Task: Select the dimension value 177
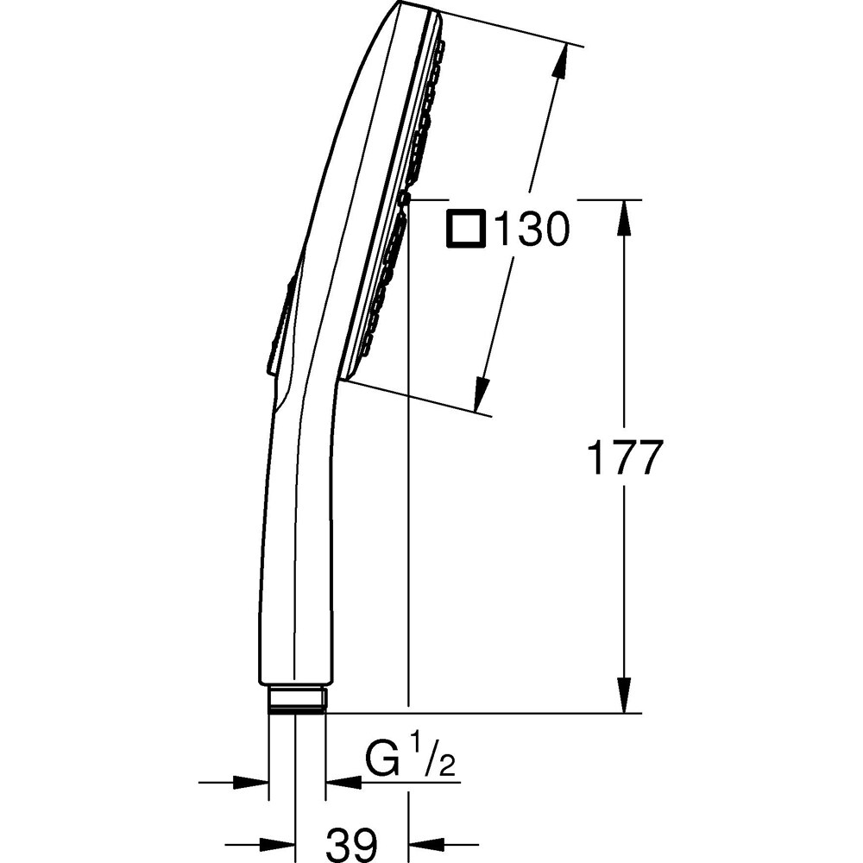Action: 624,458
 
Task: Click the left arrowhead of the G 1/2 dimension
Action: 254,783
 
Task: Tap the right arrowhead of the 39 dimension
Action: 424,843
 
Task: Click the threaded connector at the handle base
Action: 297,700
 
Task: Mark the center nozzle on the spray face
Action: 404,200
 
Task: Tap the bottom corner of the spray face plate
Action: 343,380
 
